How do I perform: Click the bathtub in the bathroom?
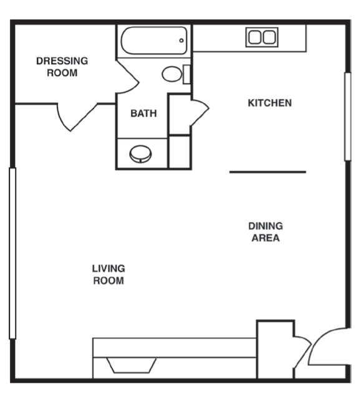[154, 41]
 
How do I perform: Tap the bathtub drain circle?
[181, 41]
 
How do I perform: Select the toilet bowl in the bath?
[172, 74]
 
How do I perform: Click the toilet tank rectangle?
[186, 74]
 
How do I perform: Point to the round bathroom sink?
[140, 154]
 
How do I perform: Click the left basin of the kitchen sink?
[254, 37]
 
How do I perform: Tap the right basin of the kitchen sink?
[269, 37]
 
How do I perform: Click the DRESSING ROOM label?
[62, 67]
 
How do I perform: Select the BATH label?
[143, 113]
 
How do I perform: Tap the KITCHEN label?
[269, 103]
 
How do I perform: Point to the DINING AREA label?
[266, 232]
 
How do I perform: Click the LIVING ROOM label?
[109, 275]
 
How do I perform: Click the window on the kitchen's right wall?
[348, 117]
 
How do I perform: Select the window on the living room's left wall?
[12, 253]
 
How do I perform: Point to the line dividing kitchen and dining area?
[268, 172]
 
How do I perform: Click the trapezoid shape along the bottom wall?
[132, 365]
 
